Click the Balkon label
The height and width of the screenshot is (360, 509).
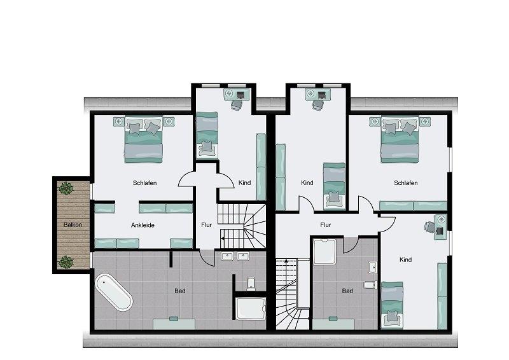click(73, 225)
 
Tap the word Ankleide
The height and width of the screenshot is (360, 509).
click(143, 225)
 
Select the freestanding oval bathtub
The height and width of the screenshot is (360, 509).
click(114, 293)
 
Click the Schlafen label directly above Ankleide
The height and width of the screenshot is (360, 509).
click(145, 183)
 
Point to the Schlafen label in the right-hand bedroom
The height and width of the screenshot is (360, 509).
click(406, 183)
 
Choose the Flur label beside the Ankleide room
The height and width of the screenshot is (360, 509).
click(206, 225)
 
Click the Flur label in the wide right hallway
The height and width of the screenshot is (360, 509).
click(325, 225)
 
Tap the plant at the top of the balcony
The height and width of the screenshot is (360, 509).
click(66, 188)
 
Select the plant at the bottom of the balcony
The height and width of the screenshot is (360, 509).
click(66, 262)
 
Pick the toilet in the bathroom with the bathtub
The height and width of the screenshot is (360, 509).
click(251, 284)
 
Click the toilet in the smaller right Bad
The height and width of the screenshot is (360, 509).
click(370, 285)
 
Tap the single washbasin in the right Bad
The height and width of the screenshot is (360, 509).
click(373, 268)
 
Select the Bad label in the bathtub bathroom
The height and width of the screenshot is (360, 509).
click(180, 291)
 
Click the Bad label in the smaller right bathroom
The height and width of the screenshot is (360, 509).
click(347, 291)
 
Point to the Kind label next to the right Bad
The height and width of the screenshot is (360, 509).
click(406, 260)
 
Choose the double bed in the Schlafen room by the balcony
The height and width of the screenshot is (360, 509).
click(143, 139)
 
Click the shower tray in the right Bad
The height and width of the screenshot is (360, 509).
click(324, 252)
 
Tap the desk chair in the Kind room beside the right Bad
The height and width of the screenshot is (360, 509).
click(429, 226)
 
